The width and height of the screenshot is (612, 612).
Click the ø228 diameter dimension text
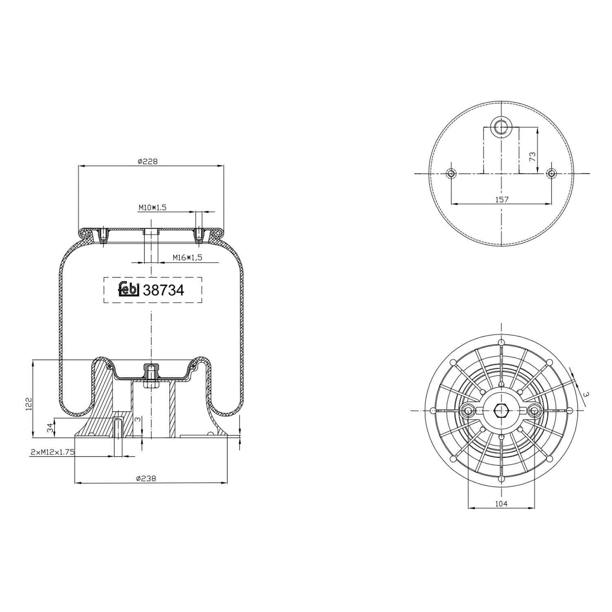147,162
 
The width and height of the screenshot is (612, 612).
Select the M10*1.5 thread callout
152,208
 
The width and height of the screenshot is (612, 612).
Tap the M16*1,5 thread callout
187,257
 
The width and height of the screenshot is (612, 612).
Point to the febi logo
129,289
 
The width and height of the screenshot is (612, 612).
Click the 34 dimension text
50,428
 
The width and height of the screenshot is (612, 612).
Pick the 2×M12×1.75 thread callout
52,452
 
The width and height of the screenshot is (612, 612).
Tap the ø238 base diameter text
146,478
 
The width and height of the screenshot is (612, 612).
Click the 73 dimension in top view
532,157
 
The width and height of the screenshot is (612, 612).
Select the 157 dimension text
501,200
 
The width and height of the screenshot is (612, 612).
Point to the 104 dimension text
501,503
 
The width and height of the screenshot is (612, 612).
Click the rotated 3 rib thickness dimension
586,394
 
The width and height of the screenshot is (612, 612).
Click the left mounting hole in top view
451,173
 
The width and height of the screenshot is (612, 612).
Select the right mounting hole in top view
551,173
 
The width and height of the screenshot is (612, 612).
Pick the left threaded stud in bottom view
468,410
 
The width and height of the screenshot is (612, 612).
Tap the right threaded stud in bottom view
534,410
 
